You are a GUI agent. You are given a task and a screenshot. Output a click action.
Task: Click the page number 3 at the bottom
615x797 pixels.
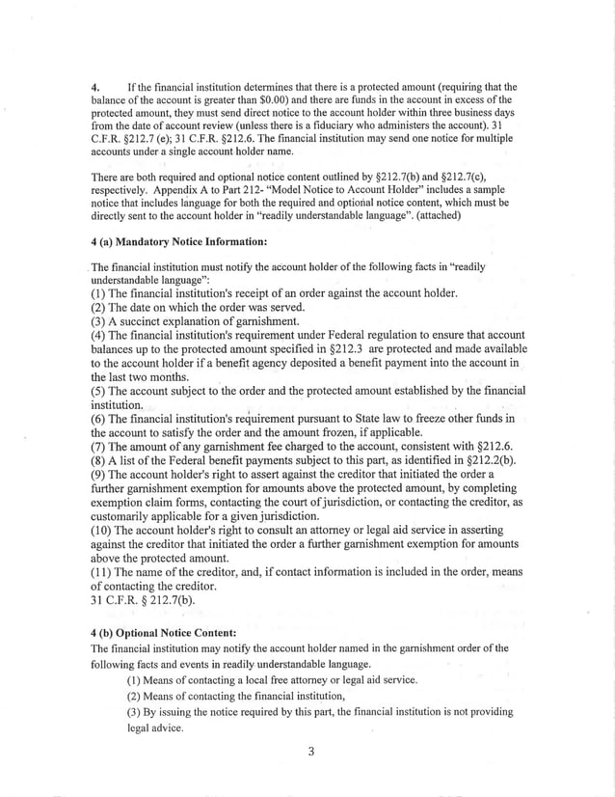pyautogui.click(x=311, y=753)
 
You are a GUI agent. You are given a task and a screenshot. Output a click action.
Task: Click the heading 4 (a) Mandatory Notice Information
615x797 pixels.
pyautogui.click(x=178, y=240)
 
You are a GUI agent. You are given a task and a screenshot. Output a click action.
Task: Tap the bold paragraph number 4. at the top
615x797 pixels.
pyautogui.click(x=95, y=86)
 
